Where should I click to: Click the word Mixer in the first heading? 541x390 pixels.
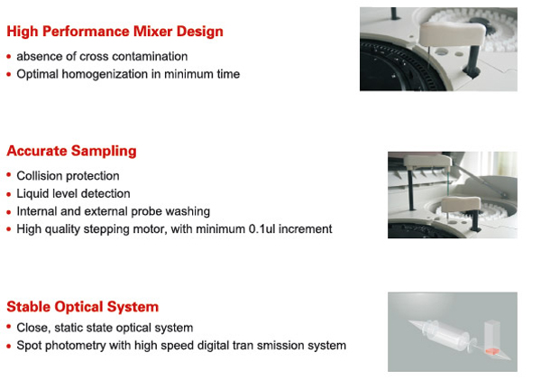(153, 31)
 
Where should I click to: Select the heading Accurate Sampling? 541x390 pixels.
(72, 151)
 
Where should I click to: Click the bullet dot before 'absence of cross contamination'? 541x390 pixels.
(9, 57)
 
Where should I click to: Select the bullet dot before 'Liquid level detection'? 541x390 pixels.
(9, 194)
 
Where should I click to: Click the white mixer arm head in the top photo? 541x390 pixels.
(452, 33)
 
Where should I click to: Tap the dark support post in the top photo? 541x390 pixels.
(473, 61)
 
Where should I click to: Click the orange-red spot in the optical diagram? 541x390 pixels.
(492, 352)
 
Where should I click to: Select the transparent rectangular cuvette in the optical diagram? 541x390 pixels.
(492, 338)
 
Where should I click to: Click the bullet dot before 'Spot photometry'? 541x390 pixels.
(9, 346)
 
